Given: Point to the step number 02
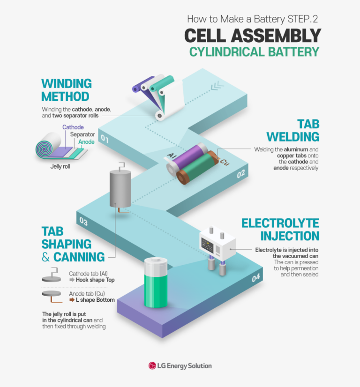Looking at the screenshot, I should (241, 174).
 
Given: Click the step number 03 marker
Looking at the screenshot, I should (83, 222).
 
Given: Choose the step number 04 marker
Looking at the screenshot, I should (256, 278).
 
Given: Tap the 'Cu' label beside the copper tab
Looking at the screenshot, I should (224, 163).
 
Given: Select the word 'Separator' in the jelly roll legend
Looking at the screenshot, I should (82, 134).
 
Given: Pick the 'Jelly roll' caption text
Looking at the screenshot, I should (60, 166).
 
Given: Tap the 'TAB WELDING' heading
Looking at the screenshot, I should (293, 130).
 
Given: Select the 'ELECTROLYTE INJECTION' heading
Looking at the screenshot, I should (280, 230).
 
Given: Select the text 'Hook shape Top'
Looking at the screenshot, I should (95, 280).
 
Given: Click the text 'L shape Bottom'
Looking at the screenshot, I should (95, 300).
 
